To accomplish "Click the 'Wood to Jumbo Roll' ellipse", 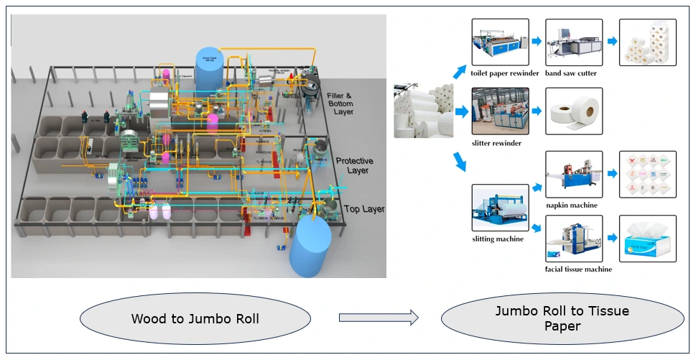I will click(x=195, y=318).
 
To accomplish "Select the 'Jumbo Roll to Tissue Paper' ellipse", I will click(x=562, y=318).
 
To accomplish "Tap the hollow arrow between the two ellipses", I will click(x=378, y=316).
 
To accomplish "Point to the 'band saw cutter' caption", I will click(x=571, y=73).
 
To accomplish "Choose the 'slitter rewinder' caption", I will click(x=497, y=143).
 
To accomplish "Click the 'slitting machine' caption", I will click(x=498, y=239).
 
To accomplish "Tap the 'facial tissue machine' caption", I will click(x=578, y=269).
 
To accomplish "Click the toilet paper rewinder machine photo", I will click(x=501, y=42).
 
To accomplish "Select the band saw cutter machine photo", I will click(x=573, y=42).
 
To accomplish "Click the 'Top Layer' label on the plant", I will click(x=364, y=209).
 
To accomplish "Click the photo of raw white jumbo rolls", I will click(x=424, y=111).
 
